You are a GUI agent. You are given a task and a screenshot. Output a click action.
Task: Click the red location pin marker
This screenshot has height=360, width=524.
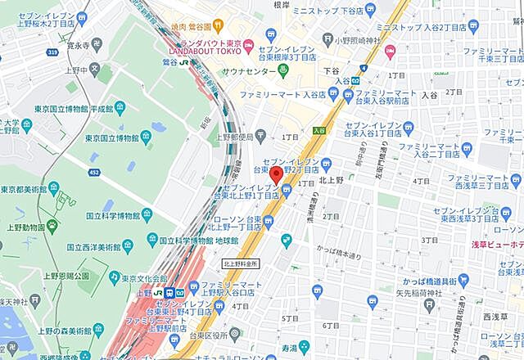277,175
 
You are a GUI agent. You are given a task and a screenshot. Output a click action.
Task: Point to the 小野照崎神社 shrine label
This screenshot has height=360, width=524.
347,38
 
